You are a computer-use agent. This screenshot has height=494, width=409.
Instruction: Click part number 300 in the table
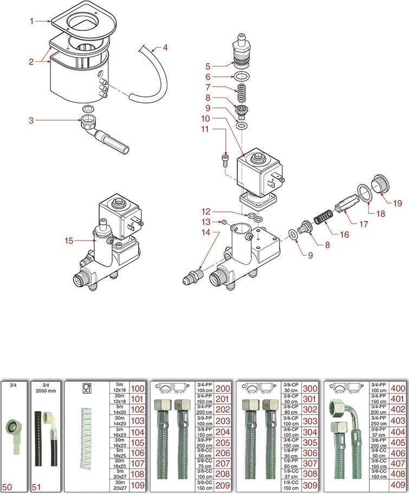tap(310, 389)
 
